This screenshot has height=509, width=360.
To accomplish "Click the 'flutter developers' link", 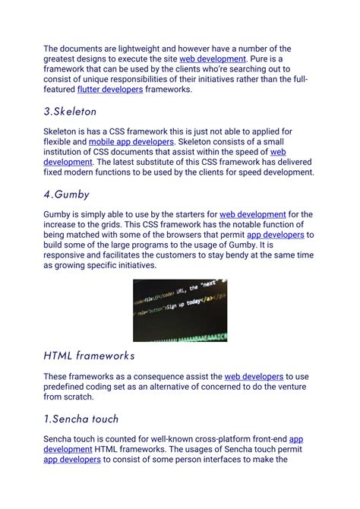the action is [109, 90].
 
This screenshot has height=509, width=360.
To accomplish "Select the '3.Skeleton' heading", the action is [71, 111].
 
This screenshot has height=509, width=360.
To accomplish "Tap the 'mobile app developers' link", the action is [131, 141].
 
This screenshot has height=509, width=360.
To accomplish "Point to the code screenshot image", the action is [180, 310].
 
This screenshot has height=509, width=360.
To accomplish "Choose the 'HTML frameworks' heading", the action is [89, 355].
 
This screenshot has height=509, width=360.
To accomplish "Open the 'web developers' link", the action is [254, 376].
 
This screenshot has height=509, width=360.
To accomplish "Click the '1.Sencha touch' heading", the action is [81, 419].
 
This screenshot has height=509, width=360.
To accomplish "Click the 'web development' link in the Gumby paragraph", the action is [253, 215].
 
